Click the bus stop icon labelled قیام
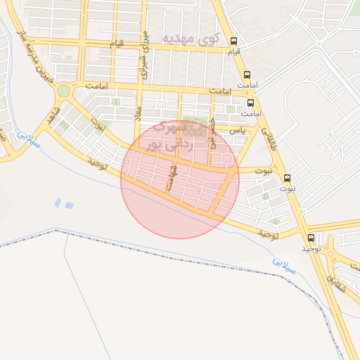pos(234,41)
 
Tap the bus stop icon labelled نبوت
pos(287,178)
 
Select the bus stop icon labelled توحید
pos(311,238)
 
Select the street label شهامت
pos(169,178)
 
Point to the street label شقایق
pos(337,282)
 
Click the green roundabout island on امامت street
pos(64,91)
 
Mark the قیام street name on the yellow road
pos(116,44)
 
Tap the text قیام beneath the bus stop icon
pos(234,51)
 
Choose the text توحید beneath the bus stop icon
pos(311,248)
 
